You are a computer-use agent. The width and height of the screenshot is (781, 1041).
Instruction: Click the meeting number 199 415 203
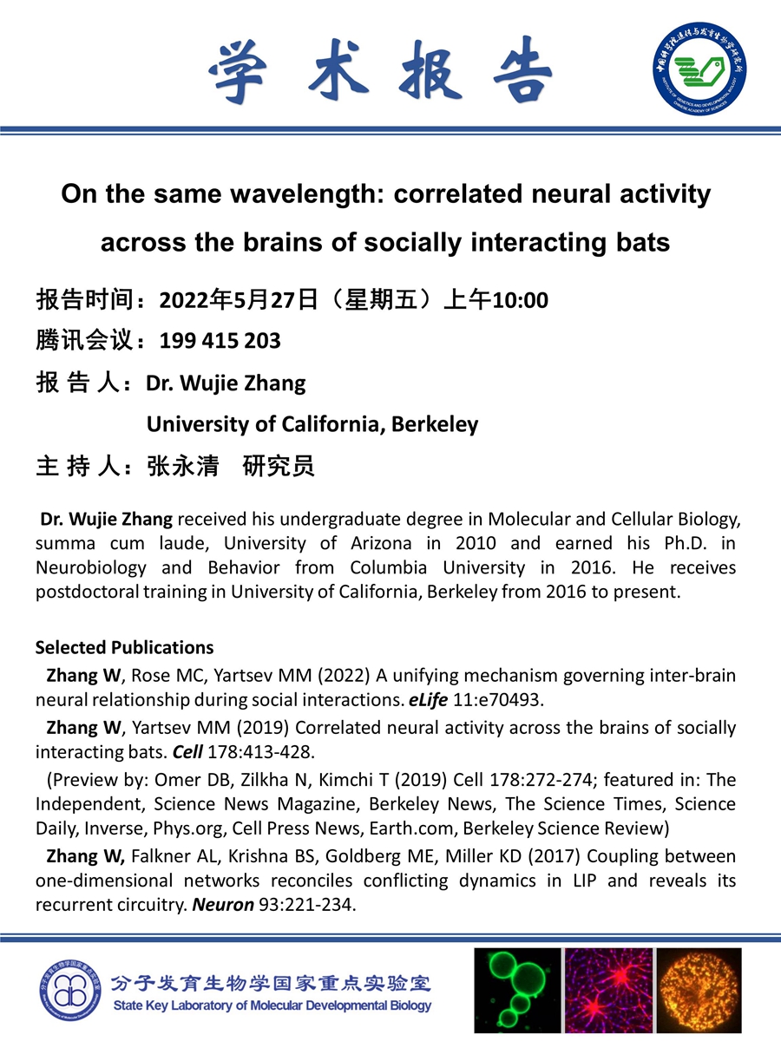click(220, 341)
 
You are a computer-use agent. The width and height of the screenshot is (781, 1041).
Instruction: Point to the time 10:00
click(521, 300)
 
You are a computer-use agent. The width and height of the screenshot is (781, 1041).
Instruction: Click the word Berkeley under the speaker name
click(435, 424)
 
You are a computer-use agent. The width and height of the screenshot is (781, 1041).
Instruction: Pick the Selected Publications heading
click(124, 647)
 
